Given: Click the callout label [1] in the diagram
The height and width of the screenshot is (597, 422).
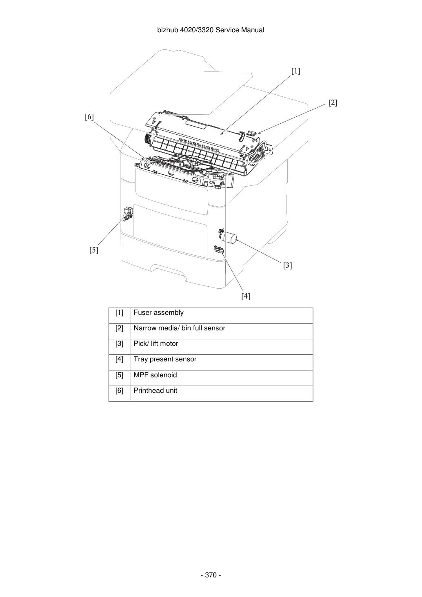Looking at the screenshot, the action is click(296, 71).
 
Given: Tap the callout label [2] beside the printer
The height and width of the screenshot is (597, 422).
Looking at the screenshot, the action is click(333, 102).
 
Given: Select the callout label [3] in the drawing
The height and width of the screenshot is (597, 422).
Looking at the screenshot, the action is click(287, 265).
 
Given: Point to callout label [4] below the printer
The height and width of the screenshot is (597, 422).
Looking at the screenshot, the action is click(246, 296).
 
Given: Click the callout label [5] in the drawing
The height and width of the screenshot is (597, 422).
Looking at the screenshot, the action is click(93, 250).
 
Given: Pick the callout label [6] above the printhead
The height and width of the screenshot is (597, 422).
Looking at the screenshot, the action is click(89, 117).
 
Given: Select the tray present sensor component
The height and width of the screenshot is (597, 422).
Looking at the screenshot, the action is click(218, 249).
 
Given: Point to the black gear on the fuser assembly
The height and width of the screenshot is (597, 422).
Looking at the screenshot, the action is click(147, 139).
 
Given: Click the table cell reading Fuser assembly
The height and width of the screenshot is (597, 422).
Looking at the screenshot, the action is click(158, 313).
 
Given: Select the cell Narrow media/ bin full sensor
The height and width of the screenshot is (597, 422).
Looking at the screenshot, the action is click(179, 328).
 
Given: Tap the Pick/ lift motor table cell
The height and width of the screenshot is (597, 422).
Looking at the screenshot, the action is click(156, 344).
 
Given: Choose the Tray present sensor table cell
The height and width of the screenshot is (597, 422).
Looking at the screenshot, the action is click(165, 359).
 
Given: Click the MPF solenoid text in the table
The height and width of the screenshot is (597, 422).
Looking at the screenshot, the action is click(155, 375).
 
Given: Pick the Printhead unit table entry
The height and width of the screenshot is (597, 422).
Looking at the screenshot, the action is click(155, 391).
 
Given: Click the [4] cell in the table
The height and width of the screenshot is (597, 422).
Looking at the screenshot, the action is click(119, 359).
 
